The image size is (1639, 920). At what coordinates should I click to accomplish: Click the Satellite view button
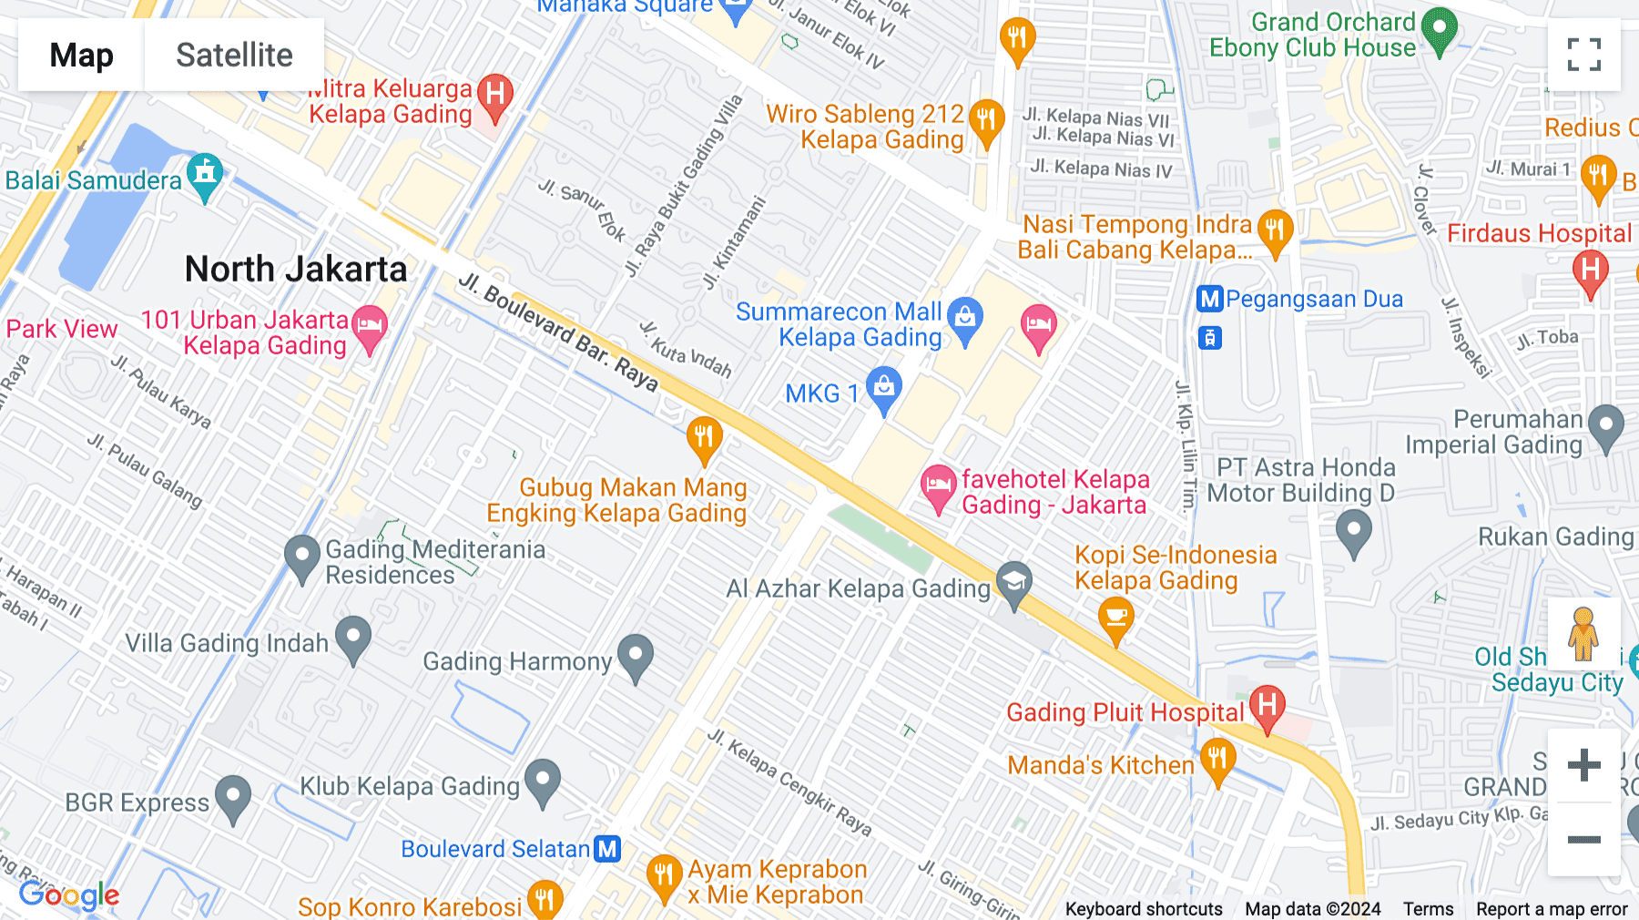234,55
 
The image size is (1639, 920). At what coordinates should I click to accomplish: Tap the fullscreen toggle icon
1583,55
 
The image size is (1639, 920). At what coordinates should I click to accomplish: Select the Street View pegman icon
1583,634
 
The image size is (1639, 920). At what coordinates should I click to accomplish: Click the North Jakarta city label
296,270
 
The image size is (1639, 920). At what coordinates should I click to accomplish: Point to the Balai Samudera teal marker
205,175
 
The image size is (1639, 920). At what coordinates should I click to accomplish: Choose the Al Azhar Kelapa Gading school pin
1013,584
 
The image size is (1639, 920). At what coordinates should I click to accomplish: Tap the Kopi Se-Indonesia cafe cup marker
1115,619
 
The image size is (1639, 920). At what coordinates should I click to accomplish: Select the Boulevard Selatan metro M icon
607,849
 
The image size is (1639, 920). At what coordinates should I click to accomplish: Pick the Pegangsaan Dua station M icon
1209,299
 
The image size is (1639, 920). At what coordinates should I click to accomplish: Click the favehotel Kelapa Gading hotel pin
938,486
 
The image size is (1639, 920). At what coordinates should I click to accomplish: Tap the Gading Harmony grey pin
636,656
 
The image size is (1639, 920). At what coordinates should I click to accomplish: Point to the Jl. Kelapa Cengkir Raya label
789,782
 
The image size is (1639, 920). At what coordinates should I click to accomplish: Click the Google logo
69,895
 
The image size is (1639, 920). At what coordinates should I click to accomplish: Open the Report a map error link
1552,909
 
